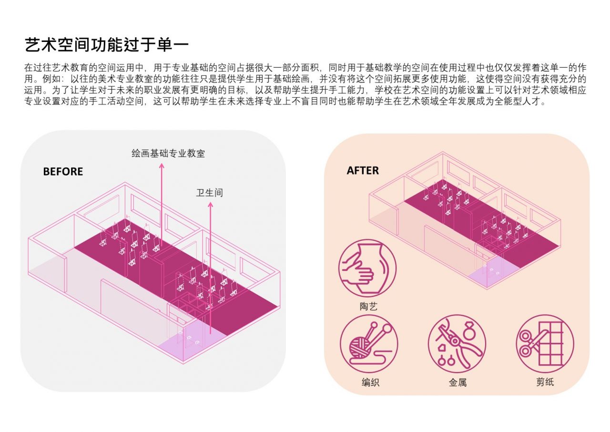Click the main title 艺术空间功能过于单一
pyautogui.click(x=107, y=45)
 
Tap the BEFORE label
pyautogui.click(x=63, y=172)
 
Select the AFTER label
pyautogui.click(x=363, y=170)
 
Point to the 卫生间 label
pyautogui.click(x=210, y=193)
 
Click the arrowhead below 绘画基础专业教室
pyautogui.click(x=162, y=166)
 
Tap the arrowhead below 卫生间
pyautogui.click(x=210, y=205)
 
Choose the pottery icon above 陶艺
pyautogui.click(x=367, y=268)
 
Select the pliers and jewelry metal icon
pyautogui.click(x=457, y=343)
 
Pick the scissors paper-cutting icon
pyautogui.click(x=545, y=343)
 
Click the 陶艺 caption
pyautogui.click(x=368, y=307)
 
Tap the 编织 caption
pyautogui.click(x=370, y=382)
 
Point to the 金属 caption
pyautogui.click(x=457, y=382)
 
